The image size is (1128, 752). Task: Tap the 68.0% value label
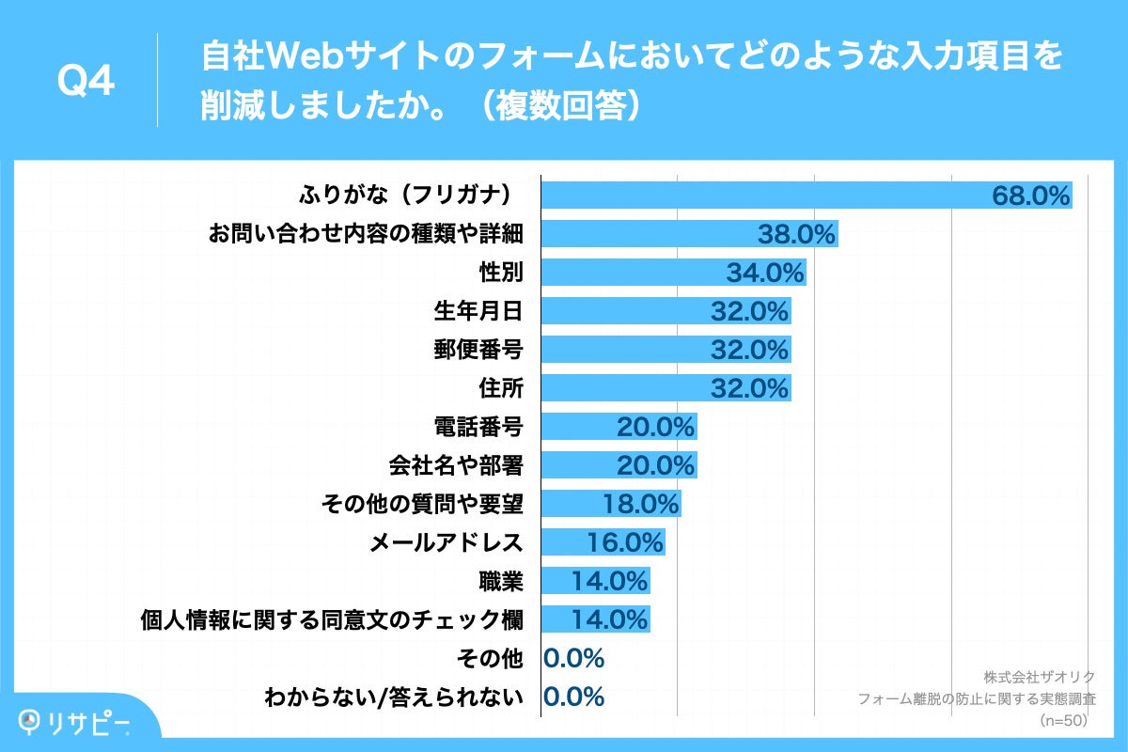click(x=1031, y=196)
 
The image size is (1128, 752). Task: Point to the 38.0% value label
click(x=797, y=234)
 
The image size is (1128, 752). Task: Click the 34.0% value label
click(x=765, y=273)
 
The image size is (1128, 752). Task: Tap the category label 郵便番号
click(x=478, y=350)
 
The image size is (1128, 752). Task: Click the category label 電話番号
click(x=478, y=427)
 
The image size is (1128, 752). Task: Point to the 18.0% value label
click(x=640, y=504)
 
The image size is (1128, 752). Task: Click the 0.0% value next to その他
click(x=573, y=658)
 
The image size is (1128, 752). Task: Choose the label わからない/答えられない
click(x=394, y=697)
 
